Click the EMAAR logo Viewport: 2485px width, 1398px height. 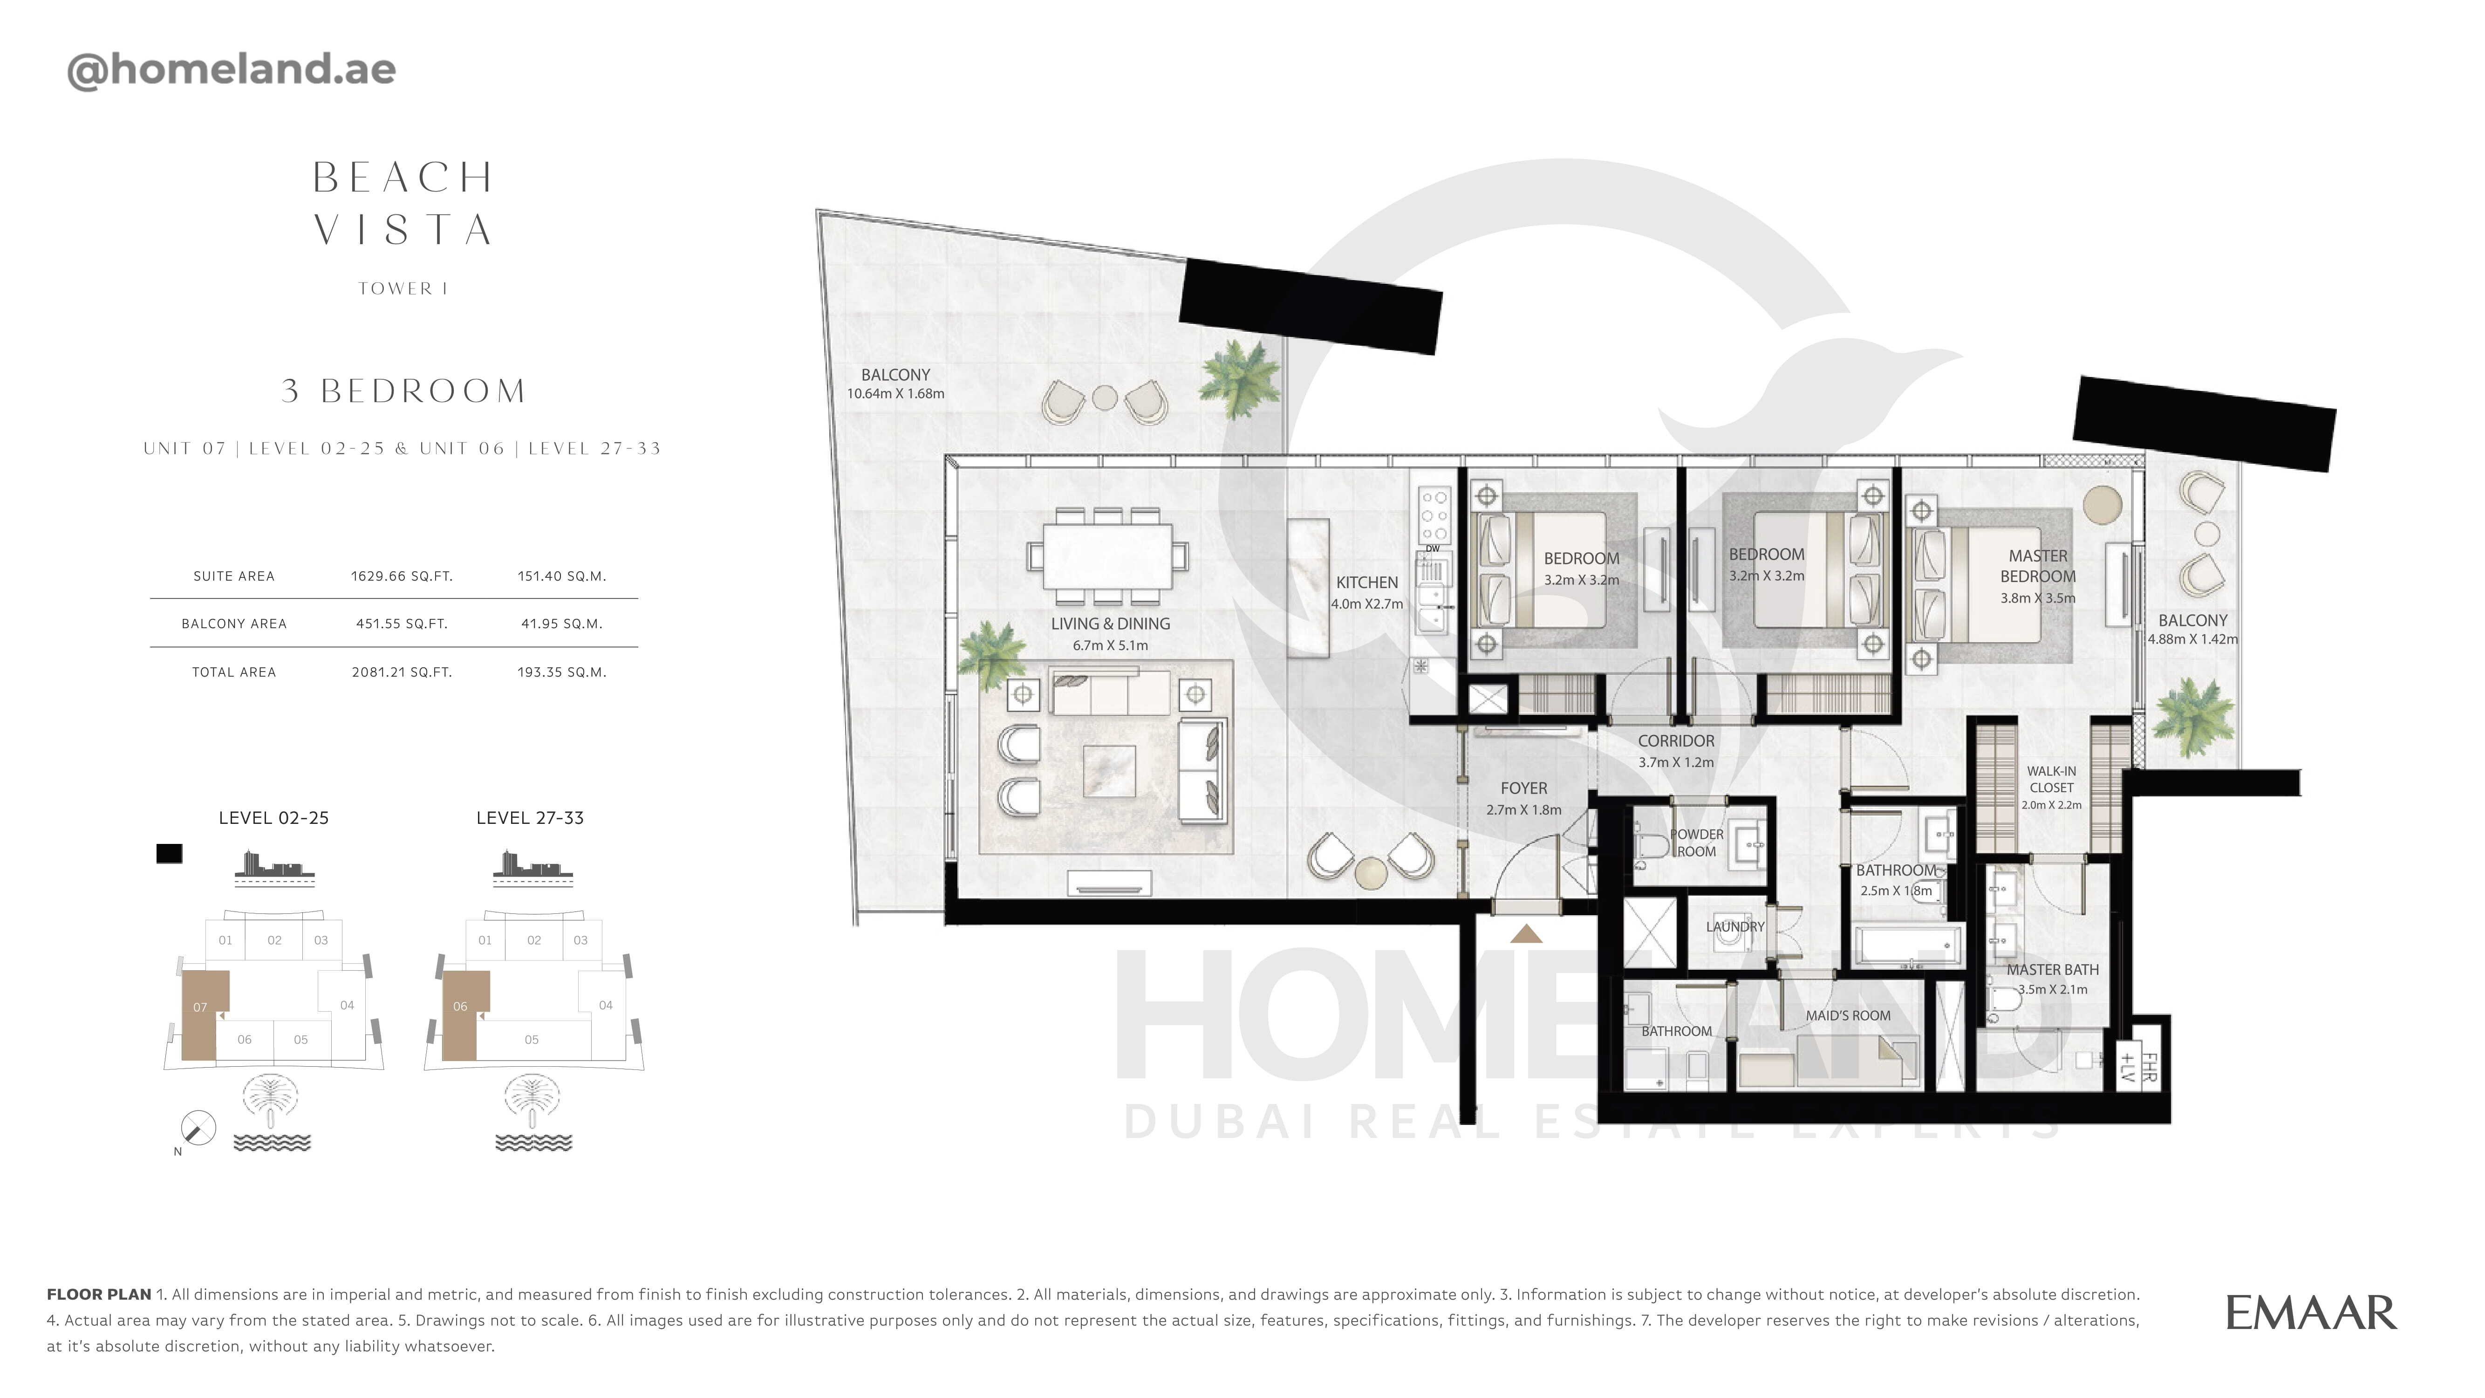(2310, 1313)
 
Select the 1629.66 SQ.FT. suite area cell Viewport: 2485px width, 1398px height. (401, 576)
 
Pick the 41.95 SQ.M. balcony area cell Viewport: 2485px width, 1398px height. (561, 623)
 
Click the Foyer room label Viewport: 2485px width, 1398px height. (1523, 788)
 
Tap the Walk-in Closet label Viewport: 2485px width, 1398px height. (2051, 779)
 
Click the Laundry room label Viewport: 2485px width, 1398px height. (1734, 926)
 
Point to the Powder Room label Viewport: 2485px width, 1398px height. (1697, 842)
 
